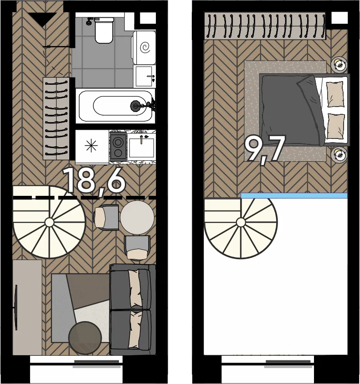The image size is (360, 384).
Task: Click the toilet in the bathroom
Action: click(x=104, y=30)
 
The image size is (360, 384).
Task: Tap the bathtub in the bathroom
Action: click(x=115, y=106)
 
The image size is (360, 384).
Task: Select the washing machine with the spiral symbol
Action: click(x=144, y=47)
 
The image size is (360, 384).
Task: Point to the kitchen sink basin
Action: click(x=142, y=148)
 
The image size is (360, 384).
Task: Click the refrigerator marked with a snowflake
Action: click(x=92, y=147)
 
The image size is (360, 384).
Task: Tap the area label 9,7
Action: click(x=265, y=149)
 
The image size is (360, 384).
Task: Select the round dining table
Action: click(x=137, y=218)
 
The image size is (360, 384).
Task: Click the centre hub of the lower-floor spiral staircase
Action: click(x=49, y=222)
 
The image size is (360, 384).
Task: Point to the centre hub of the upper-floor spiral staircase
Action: click(x=241, y=222)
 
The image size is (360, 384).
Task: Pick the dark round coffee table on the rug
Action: click(x=85, y=338)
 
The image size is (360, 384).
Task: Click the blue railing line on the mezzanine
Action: click(x=294, y=195)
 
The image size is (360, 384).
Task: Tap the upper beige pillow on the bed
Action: click(x=335, y=94)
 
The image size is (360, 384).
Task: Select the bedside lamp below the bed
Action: click(x=339, y=154)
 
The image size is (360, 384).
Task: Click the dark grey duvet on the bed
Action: click(x=291, y=110)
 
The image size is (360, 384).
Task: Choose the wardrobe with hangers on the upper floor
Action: click(x=265, y=26)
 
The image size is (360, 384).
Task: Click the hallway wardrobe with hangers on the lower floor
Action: click(x=57, y=119)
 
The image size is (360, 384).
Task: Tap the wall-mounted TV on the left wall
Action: click(x=16, y=307)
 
